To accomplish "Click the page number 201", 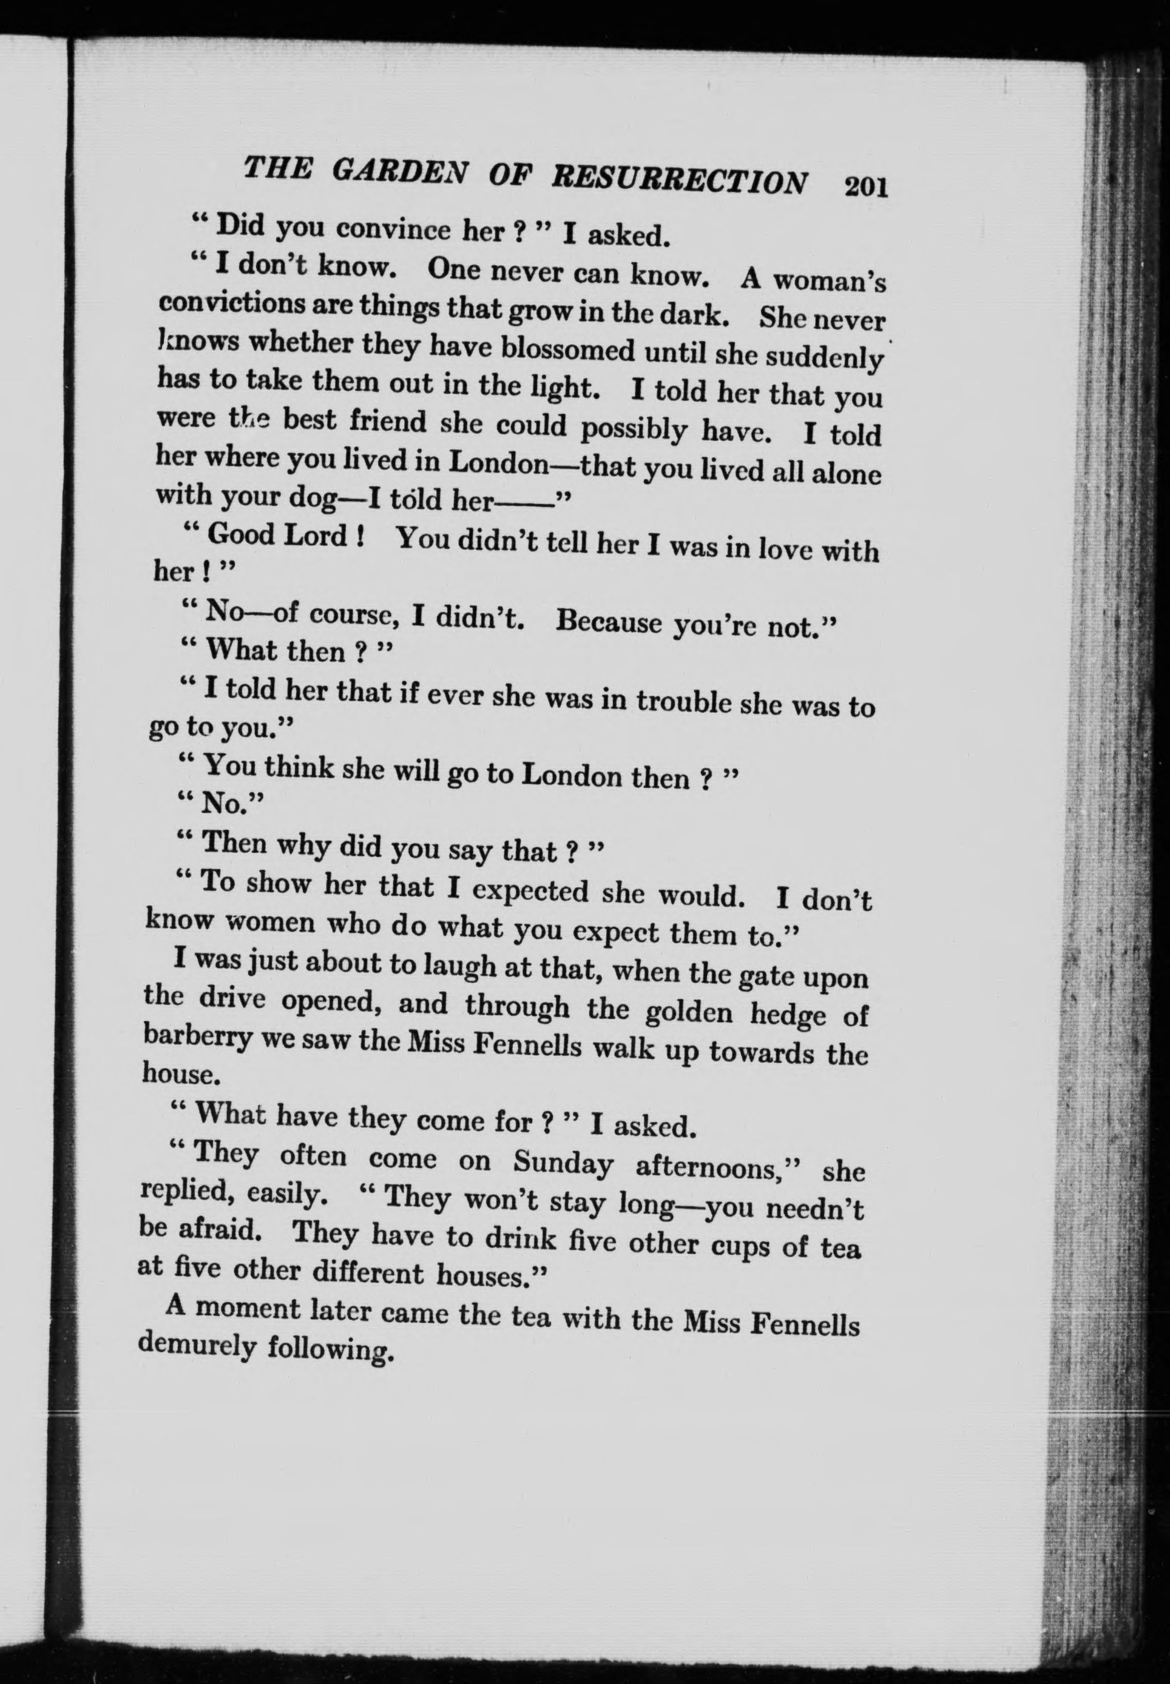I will [866, 187].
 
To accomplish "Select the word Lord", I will [314, 536].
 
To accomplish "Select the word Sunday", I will [563, 1162].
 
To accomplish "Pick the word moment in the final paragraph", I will [246, 1308].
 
